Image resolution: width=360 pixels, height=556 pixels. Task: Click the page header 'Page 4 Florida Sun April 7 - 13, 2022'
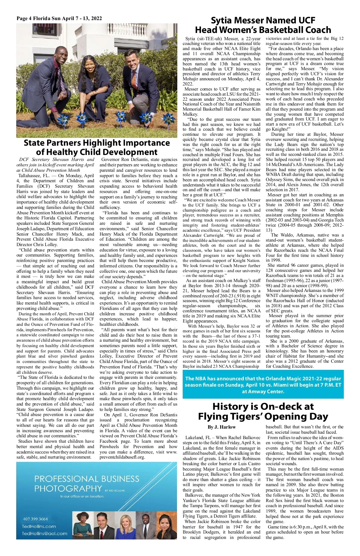point(59,19)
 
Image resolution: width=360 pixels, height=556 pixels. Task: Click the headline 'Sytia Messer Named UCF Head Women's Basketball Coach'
point(263,25)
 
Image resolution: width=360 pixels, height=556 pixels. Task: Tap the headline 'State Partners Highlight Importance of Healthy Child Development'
point(97,147)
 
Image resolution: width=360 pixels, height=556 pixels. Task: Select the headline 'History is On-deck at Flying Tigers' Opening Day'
point(263,411)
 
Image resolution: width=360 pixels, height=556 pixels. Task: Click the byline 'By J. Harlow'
point(221,427)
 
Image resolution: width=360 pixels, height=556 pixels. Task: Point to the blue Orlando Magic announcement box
point(263,385)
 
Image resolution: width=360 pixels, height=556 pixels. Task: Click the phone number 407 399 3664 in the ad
point(35,519)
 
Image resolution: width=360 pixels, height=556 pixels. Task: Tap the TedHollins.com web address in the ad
point(39,526)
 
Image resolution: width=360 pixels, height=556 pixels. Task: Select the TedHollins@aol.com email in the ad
point(44,534)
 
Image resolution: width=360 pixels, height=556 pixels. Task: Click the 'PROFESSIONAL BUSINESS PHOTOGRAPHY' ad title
point(86,484)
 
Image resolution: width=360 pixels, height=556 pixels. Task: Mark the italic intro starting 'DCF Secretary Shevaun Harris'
point(55,165)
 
